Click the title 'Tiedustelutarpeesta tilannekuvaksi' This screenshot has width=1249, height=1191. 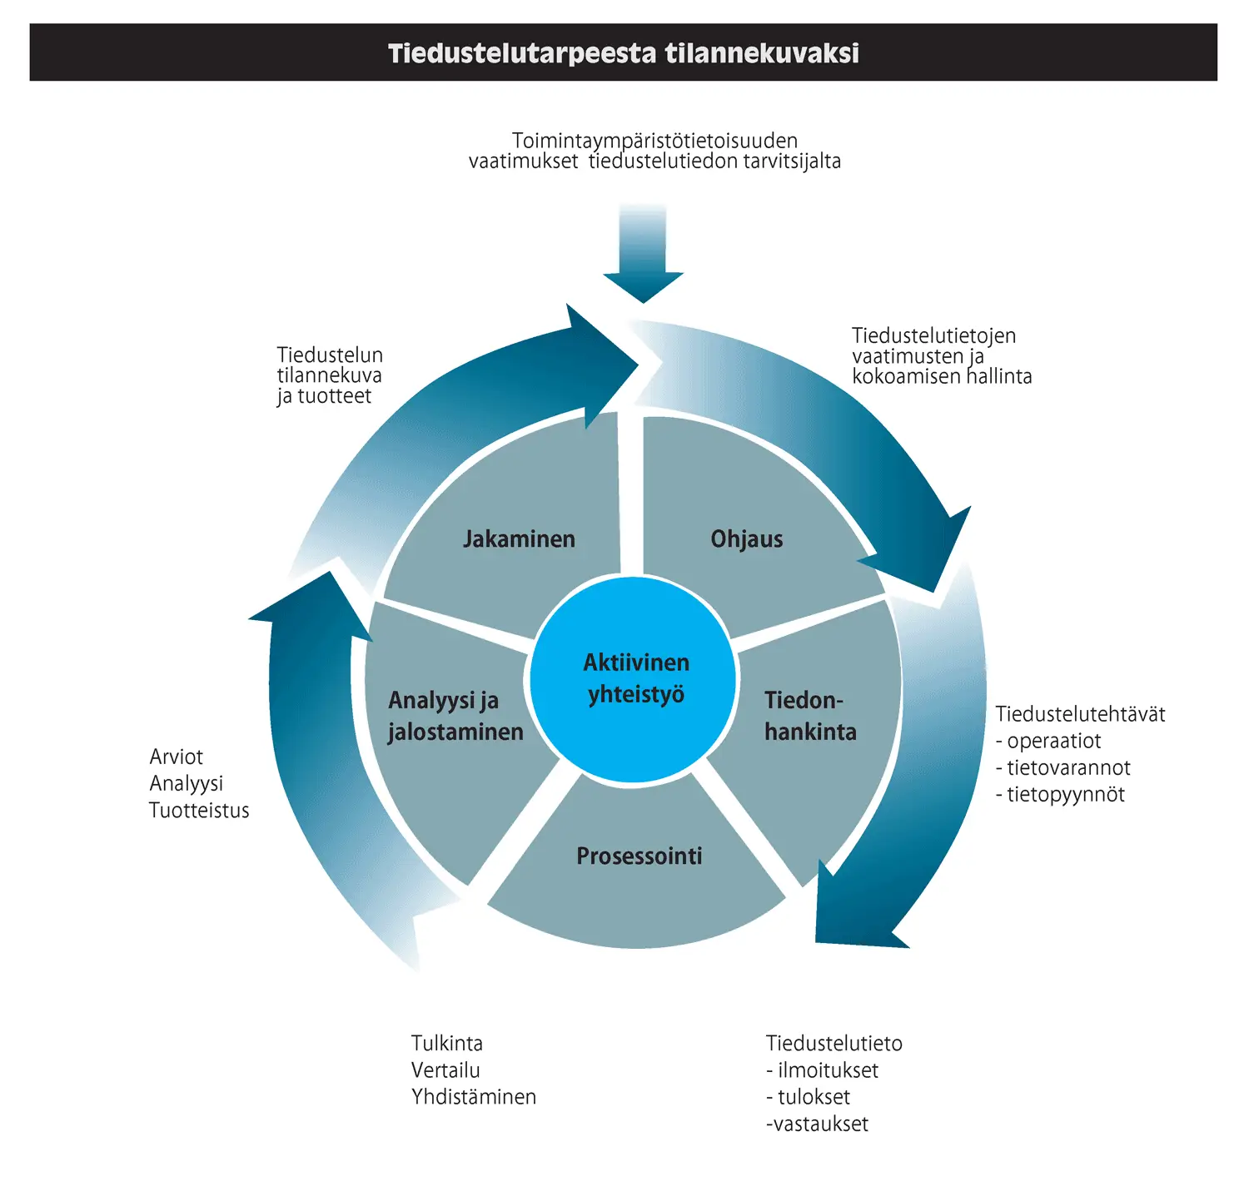coord(623,53)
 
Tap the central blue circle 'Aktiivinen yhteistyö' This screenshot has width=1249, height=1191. coord(634,678)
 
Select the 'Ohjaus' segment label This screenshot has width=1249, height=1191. coord(746,539)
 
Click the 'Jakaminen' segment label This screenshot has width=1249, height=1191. coord(519,539)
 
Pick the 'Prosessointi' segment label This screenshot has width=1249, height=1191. coord(639,856)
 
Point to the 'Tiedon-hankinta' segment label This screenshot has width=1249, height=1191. coord(809,716)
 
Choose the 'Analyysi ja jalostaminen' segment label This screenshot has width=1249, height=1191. coord(455,716)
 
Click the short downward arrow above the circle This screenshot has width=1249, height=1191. coord(643,254)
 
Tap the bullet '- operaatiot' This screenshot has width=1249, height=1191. coord(1048,742)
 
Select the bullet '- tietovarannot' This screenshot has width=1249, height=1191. coord(1063,768)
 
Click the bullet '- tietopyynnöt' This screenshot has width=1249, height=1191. coord(1060,795)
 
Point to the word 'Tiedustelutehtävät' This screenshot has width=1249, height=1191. coord(1080,714)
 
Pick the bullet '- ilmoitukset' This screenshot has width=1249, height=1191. coord(823,1070)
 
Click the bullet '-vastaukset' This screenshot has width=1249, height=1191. coord(817,1124)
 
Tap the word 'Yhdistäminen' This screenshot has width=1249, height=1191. coord(474,1097)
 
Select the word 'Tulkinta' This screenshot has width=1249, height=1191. coord(447,1044)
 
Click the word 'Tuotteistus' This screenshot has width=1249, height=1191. coord(199,811)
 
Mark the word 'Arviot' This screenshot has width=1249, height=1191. coord(177,757)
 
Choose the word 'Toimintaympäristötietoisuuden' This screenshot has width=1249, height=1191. coord(654,141)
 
